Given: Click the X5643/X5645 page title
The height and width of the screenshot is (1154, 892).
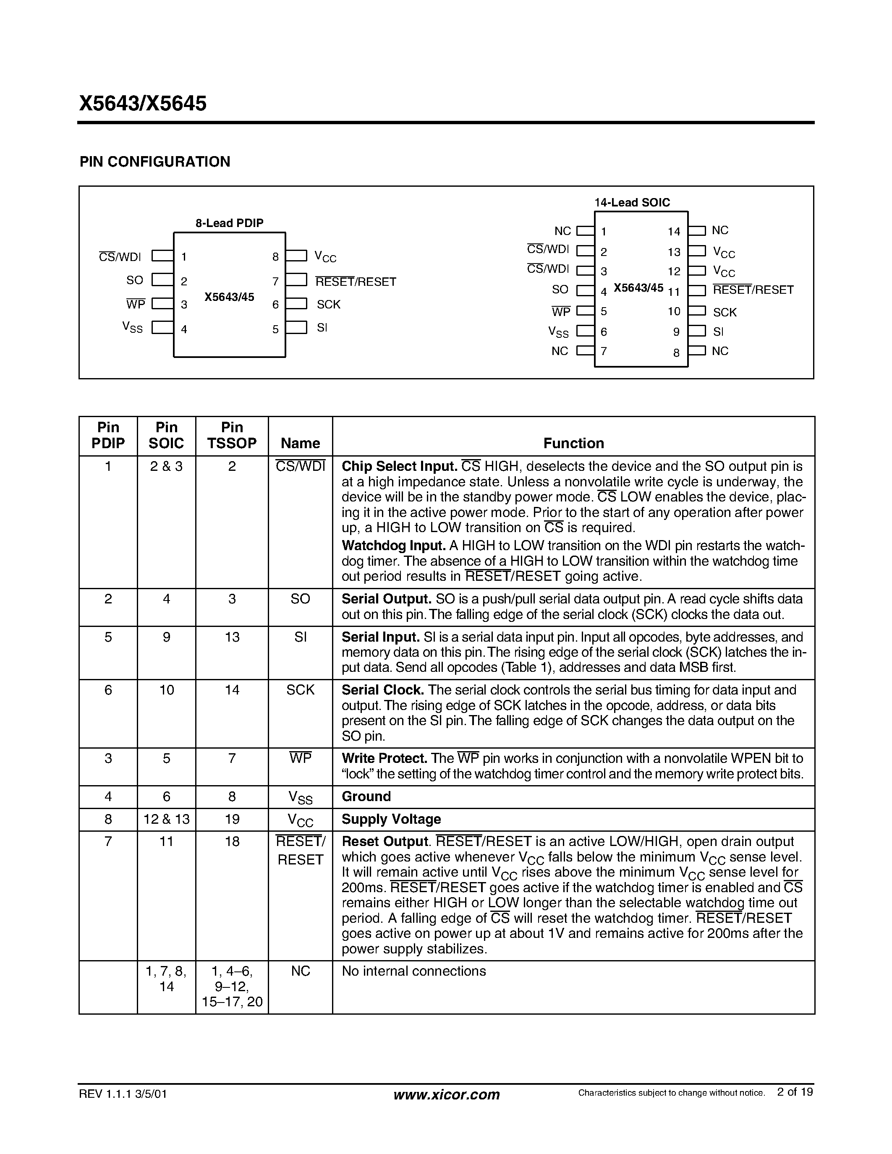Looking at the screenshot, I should coord(143,104).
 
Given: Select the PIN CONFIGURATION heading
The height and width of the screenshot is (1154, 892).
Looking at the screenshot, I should coord(155,162).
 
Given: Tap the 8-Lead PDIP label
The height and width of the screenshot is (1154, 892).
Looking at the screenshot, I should coord(229,223).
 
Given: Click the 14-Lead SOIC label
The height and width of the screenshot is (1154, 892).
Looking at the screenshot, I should coord(632,202).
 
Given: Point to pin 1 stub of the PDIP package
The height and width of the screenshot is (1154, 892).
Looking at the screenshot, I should coord(162,256).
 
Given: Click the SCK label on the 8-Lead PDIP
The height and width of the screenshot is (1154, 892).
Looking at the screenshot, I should coord(328,304).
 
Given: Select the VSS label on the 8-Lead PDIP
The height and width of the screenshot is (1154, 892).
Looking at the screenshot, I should coord(132,328).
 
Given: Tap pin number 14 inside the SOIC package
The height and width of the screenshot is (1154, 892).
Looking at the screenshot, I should coord(674,232).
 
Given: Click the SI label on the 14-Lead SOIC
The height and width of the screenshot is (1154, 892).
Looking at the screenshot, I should coord(718,332).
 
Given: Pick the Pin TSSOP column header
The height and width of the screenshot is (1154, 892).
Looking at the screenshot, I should coord(232,436).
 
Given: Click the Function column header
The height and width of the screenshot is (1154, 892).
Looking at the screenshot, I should coord(573,443).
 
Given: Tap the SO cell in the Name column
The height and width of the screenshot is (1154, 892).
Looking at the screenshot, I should coord(300,599).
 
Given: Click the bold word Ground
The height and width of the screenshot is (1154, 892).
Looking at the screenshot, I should coord(366,796).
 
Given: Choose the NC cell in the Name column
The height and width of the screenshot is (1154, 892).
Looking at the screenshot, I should coord(300,971).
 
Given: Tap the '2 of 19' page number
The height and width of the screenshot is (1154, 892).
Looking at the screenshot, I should coord(795,1091).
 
